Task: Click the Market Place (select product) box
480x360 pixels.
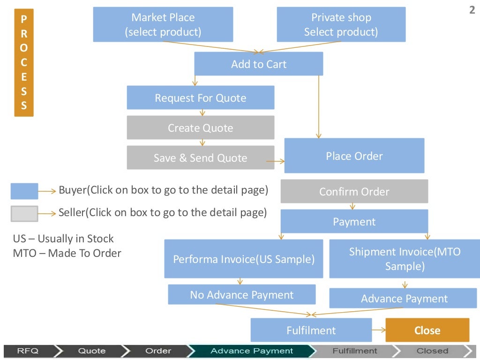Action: [163, 24]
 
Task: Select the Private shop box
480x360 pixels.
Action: [341, 24]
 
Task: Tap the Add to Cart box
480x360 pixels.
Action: [258, 64]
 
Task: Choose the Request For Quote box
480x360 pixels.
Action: [200, 97]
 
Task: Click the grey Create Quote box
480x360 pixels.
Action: [200, 127]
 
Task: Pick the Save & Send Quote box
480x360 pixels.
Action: [200, 157]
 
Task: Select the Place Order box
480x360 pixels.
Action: [354, 156]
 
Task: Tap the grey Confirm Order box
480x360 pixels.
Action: [354, 191]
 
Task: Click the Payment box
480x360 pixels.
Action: [354, 221]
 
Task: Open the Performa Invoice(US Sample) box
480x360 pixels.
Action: [243, 259]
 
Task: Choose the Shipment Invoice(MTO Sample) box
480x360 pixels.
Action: [405, 259]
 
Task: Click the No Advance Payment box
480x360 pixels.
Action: [241, 294]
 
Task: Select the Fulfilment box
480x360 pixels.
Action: [311, 330]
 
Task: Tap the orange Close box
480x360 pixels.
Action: [427, 330]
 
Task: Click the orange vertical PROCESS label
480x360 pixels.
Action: [24, 62]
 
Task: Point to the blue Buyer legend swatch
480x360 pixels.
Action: [24, 191]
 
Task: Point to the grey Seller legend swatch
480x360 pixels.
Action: [24, 213]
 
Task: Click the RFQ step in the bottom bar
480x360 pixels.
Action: [28, 351]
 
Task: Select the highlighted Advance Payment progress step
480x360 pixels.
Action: [252, 351]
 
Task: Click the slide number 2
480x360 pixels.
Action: [472, 10]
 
